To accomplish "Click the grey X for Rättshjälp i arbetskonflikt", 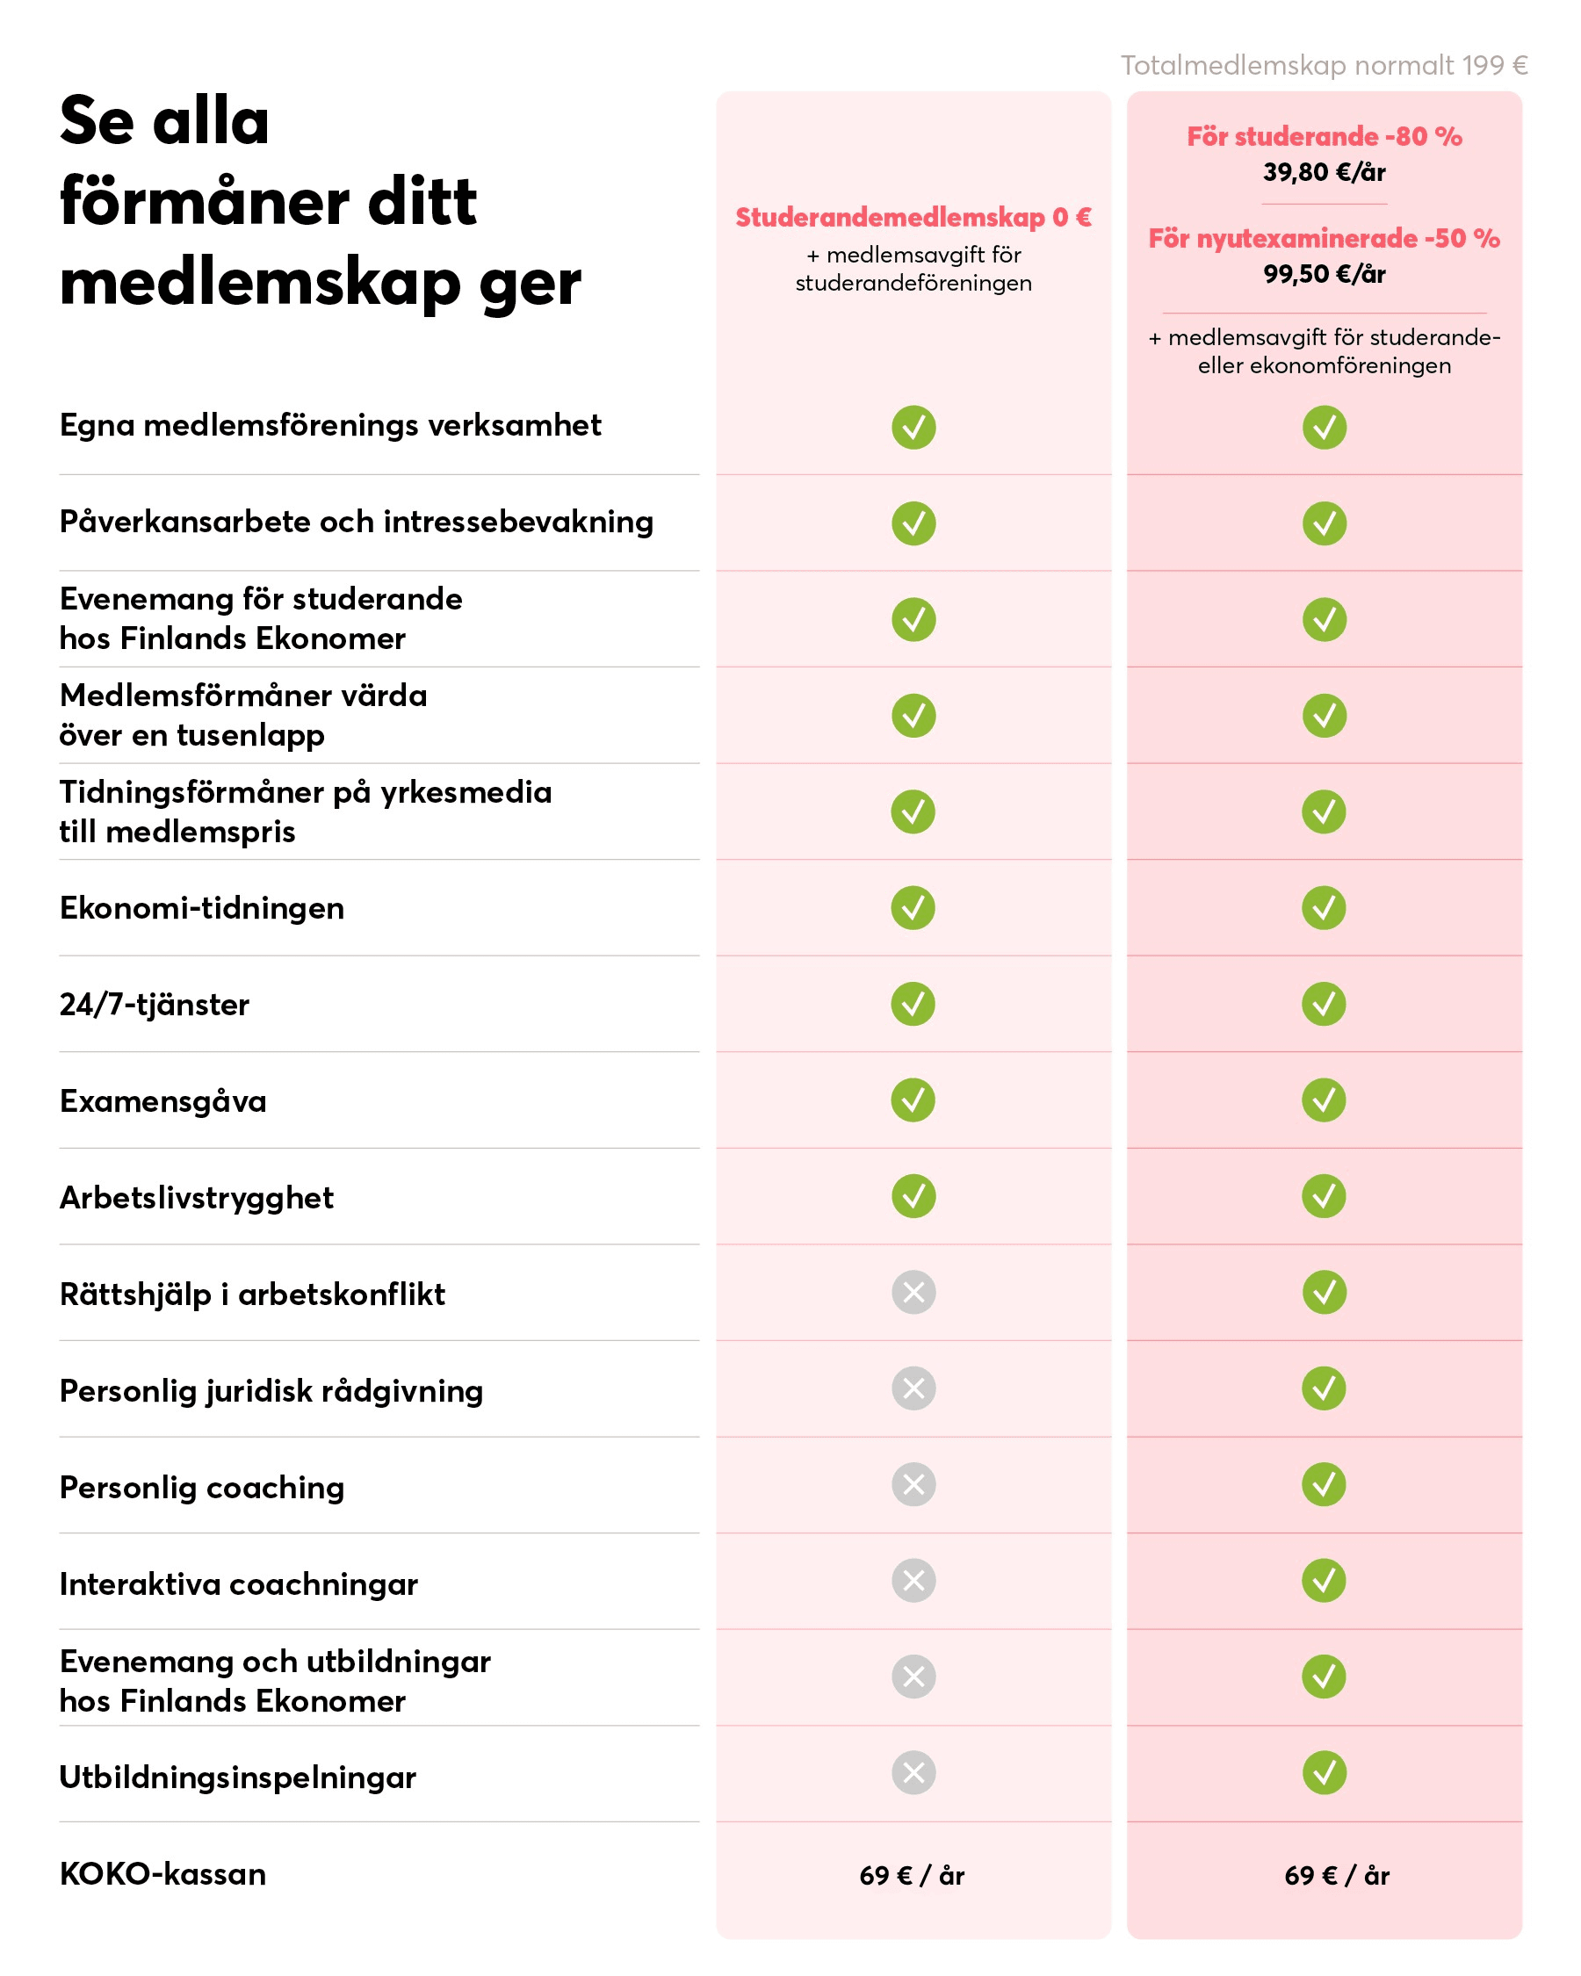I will click(x=913, y=1292).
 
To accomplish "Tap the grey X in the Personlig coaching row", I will click(x=913, y=1485).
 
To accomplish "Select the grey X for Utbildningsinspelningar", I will click(x=913, y=1772).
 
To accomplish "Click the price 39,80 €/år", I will click(x=1324, y=172).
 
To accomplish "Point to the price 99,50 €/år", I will click(x=1324, y=274).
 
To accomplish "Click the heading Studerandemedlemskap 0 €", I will click(x=913, y=217).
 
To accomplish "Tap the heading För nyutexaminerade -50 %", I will click(x=1324, y=238).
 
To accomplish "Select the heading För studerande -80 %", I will click(x=1324, y=136).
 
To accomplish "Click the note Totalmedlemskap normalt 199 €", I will click(x=1324, y=65).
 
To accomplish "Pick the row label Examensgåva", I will click(x=163, y=1100).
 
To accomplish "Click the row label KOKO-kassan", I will click(x=163, y=1874).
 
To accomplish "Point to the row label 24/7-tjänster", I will click(x=154, y=1005).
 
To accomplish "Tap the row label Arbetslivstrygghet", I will click(x=196, y=1198).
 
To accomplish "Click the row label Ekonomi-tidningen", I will click(x=202, y=908).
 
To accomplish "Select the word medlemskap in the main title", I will click(x=259, y=282).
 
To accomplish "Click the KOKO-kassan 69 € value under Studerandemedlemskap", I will click(x=911, y=1875).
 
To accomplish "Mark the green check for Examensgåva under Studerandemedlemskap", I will click(x=913, y=1100).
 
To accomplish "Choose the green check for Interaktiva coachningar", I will click(x=1324, y=1581).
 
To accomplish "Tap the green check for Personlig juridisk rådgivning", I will click(x=1324, y=1388).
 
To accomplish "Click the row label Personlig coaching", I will click(x=202, y=1488).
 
